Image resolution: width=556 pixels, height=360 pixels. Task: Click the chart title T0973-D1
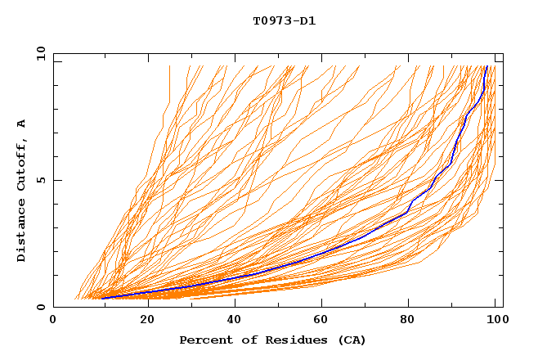coord(284,21)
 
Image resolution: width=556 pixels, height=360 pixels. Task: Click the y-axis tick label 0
coord(40,308)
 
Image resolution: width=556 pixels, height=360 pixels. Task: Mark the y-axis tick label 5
coord(40,180)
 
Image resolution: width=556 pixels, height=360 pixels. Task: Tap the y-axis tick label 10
coord(38,53)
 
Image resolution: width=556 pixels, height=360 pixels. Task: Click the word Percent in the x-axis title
coord(204,340)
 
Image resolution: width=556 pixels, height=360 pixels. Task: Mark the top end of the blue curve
coord(487,67)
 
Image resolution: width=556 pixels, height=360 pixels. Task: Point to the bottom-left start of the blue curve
coord(102,298)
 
